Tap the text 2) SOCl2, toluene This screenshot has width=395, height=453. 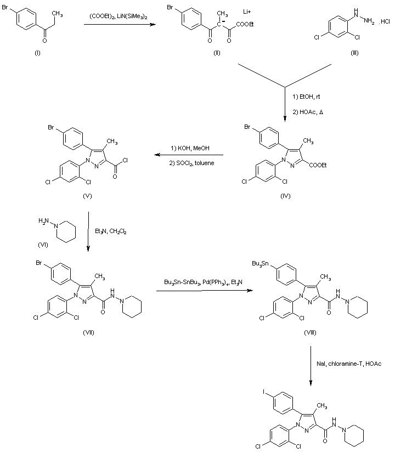192,163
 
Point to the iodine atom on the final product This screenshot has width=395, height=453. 264,392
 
